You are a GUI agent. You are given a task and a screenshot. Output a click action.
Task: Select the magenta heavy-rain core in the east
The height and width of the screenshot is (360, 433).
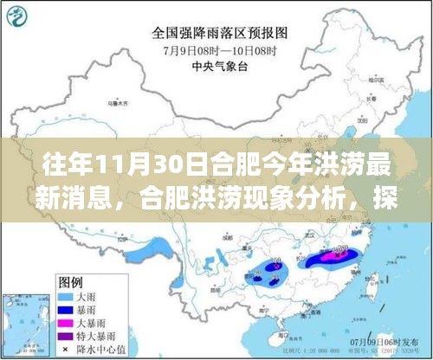pos(333,254)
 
